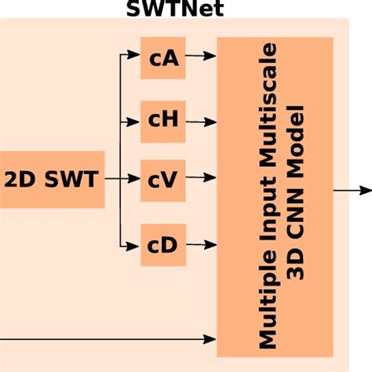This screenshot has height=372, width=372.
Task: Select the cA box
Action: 163,57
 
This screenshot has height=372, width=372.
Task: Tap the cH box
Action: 163,121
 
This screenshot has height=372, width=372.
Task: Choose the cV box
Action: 163,180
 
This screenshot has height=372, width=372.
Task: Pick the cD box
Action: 163,244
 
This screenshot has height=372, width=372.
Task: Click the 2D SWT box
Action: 52,180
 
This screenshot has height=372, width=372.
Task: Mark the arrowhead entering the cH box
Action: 135,121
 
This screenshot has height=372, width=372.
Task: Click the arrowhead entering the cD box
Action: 135,244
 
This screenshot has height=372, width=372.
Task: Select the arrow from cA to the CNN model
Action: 201,57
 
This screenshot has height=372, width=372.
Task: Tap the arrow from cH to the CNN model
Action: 201,121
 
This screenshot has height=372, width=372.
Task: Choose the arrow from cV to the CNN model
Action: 201,180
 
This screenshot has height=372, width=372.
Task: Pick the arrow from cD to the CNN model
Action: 201,244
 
